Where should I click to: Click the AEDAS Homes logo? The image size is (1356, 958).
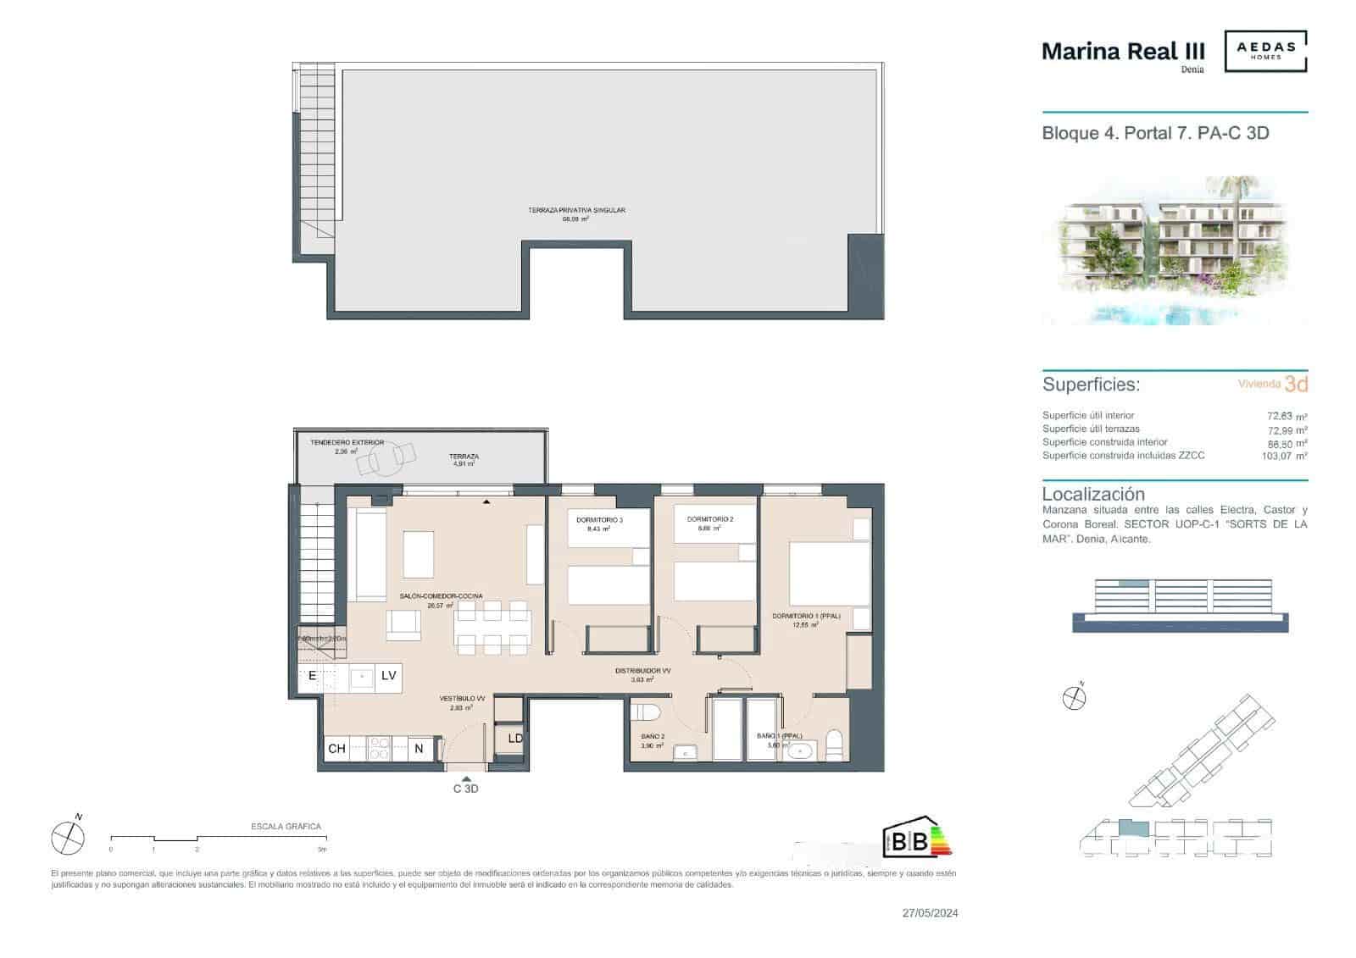click(x=1266, y=51)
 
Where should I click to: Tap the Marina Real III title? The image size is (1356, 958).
click(x=1122, y=52)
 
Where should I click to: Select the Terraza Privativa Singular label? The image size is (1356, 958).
click(x=576, y=210)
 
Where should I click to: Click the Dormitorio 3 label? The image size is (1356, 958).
click(x=599, y=519)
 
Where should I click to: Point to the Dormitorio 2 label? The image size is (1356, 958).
click(x=710, y=519)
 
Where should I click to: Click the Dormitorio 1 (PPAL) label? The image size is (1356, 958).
click(x=806, y=616)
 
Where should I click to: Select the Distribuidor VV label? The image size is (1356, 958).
click(x=643, y=671)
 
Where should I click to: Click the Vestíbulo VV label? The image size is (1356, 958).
click(x=462, y=699)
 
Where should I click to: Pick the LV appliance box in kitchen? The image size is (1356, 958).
click(x=389, y=676)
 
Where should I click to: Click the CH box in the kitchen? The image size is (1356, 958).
click(x=336, y=749)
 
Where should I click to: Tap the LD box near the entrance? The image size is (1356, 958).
click(x=515, y=739)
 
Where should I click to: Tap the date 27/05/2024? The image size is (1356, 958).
click(x=930, y=913)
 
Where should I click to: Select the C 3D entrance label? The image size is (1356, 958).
click(x=466, y=789)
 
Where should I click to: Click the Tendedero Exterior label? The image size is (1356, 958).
click(x=347, y=442)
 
